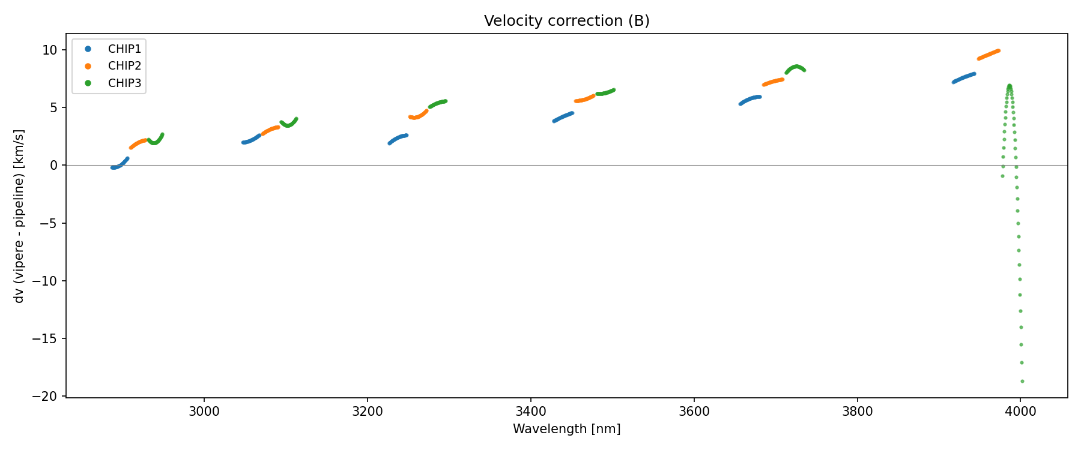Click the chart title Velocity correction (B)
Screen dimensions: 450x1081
pyautogui.click(x=566, y=21)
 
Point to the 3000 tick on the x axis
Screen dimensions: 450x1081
pyautogui.click(x=204, y=412)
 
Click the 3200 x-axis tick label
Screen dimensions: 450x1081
pyautogui.click(x=368, y=412)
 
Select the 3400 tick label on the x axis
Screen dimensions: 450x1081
pyautogui.click(x=531, y=412)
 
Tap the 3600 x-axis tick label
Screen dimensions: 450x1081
pyautogui.click(x=694, y=412)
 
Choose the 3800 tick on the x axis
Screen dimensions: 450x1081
pyautogui.click(x=857, y=412)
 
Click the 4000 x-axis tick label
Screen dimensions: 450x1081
pyautogui.click(x=1020, y=412)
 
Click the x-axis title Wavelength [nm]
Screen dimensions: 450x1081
pyautogui.click(x=566, y=429)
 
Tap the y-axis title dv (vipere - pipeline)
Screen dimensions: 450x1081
pyautogui.click(x=19, y=216)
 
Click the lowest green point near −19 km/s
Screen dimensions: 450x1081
pyautogui.click(x=1022, y=381)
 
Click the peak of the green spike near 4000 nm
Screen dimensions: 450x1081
pyautogui.click(x=1010, y=86)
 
